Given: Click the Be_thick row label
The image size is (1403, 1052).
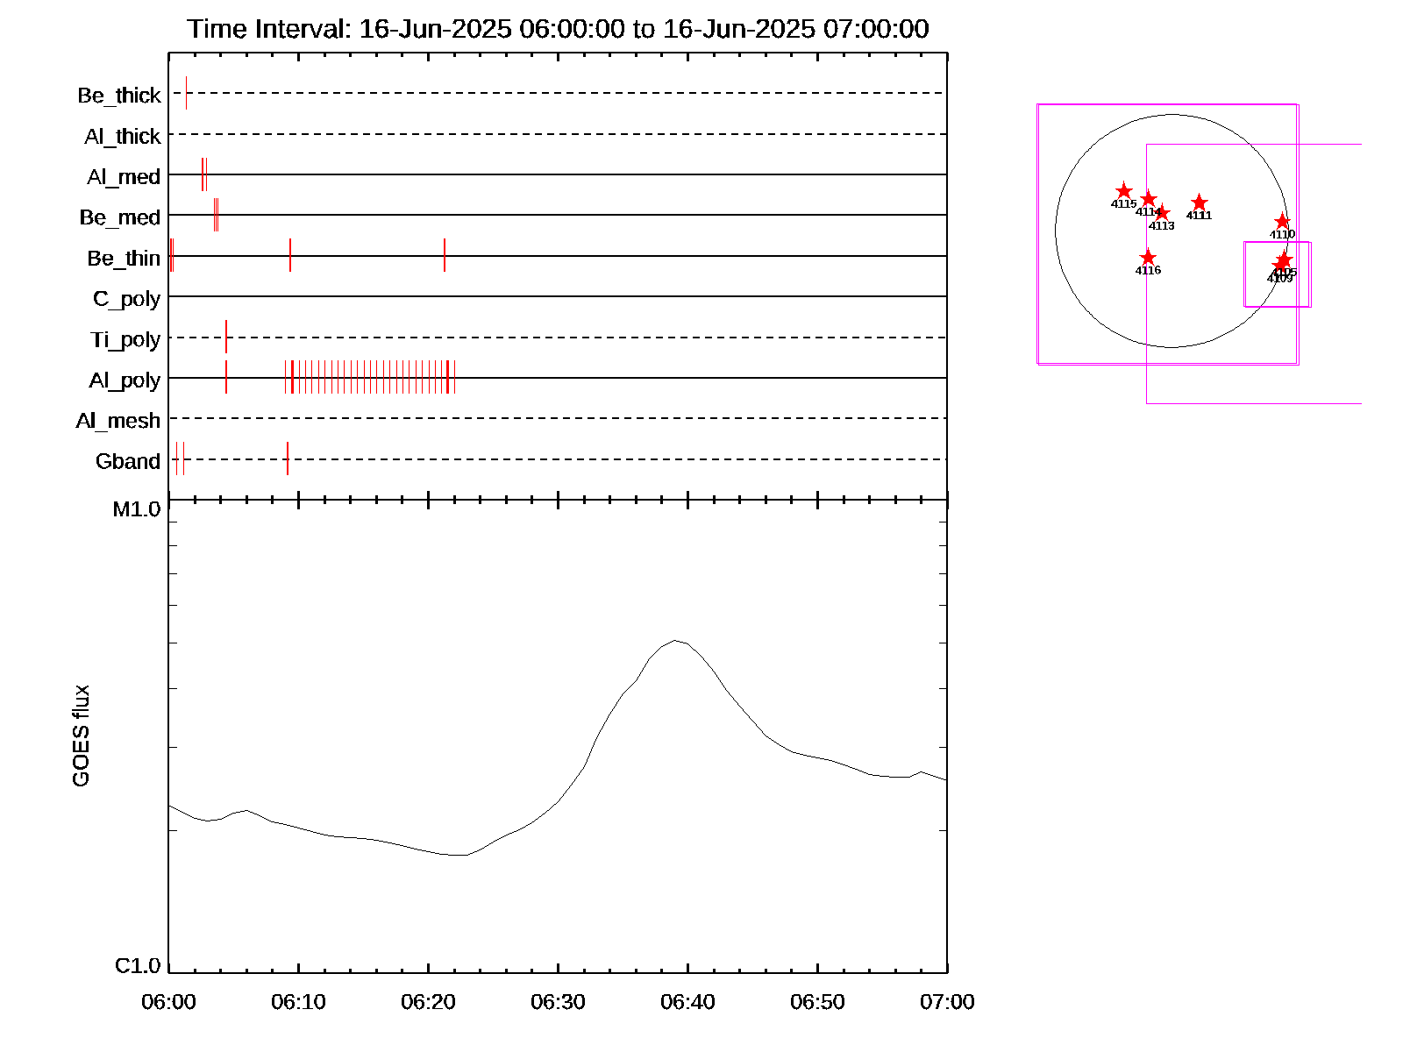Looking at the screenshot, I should (x=119, y=95).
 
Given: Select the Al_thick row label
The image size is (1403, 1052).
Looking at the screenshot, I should (x=123, y=136).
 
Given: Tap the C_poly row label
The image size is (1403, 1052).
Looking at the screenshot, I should (x=127, y=299).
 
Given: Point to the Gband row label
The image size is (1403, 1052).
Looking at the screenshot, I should (x=128, y=461).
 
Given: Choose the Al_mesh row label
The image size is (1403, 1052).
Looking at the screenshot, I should (x=118, y=421).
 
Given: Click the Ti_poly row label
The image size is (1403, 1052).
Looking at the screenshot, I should (x=125, y=339).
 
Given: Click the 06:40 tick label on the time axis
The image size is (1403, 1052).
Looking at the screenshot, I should (x=687, y=1001).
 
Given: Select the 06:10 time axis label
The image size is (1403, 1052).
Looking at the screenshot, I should (x=298, y=1001).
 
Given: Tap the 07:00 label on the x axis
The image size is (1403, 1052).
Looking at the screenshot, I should (x=947, y=1001).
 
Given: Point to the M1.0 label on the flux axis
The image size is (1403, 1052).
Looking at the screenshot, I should (x=137, y=509).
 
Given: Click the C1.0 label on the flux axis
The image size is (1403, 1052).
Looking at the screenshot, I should (x=138, y=965).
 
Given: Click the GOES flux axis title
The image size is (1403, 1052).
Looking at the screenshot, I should (x=81, y=736).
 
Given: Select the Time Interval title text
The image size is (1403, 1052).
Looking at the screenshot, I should (x=558, y=29).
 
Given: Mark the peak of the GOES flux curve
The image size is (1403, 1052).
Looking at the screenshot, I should (x=674, y=641).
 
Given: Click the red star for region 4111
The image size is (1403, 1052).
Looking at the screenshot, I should (x=1200, y=203).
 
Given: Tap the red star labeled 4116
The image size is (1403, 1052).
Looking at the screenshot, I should (x=1148, y=257).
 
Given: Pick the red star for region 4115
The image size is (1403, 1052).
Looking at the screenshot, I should (x=1124, y=191).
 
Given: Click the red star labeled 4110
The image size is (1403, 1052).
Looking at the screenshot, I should (x=1282, y=221).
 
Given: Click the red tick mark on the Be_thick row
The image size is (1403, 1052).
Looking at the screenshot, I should (x=186, y=93).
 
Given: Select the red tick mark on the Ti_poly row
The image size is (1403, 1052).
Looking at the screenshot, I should (x=226, y=337).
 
